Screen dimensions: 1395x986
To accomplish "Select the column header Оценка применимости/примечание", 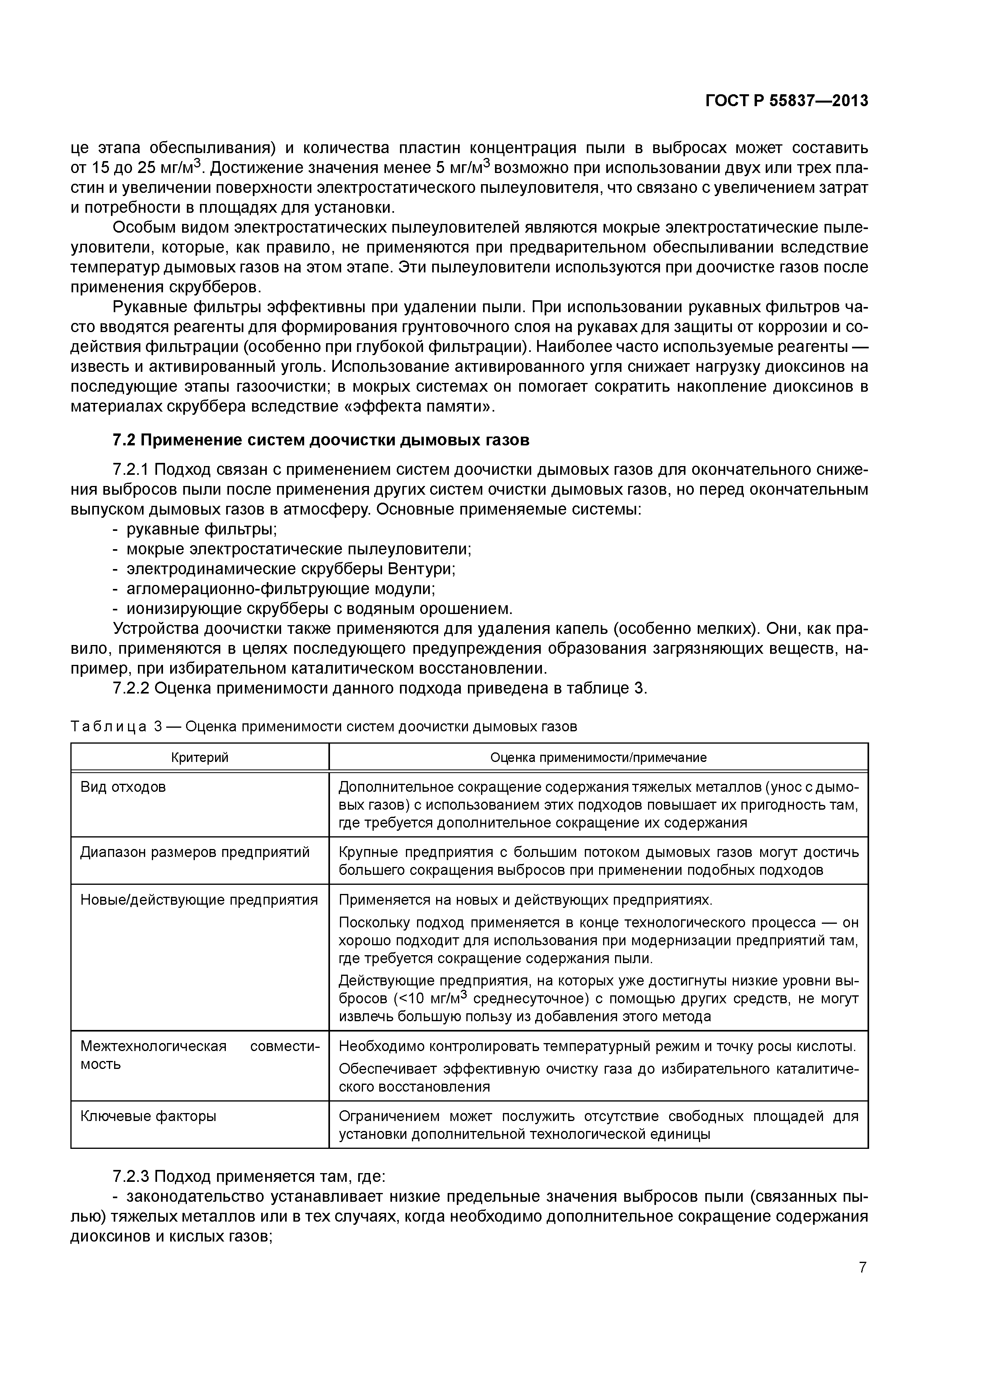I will pos(598,757).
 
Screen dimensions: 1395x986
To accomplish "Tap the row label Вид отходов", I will pos(123,787).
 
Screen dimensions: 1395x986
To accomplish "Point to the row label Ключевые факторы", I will pos(148,1116).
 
